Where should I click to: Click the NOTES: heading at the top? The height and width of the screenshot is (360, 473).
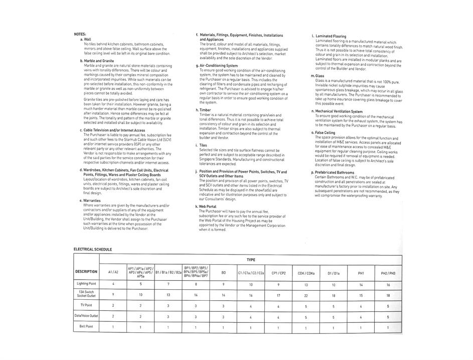[80, 34]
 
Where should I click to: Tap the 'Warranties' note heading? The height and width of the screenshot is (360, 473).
[94, 201]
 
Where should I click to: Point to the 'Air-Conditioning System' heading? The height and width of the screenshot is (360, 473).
[219, 66]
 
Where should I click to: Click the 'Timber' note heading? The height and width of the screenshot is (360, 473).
[205, 110]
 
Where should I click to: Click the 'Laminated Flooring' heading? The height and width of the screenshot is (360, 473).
[331, 37]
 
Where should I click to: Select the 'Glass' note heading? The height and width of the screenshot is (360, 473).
[320, 76]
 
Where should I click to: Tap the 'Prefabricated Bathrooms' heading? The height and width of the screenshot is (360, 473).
[334, 173]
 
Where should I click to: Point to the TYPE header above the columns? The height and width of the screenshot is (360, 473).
[251, 260]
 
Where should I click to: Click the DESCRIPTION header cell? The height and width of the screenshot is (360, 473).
[86, 272]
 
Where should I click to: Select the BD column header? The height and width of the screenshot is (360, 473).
[223, 273]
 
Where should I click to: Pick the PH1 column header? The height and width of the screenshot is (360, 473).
[361, 273]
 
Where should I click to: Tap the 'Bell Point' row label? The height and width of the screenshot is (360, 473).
[86, 326]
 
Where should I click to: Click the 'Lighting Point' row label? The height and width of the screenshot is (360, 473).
[86, 284]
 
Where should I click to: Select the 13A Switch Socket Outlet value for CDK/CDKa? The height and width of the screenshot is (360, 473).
[306, 296]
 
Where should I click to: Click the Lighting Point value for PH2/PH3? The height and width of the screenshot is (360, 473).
[388, 285]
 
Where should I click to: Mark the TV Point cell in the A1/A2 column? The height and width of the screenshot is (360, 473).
[113, 305]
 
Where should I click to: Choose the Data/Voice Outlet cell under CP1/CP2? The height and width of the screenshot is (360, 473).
[278, 317]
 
